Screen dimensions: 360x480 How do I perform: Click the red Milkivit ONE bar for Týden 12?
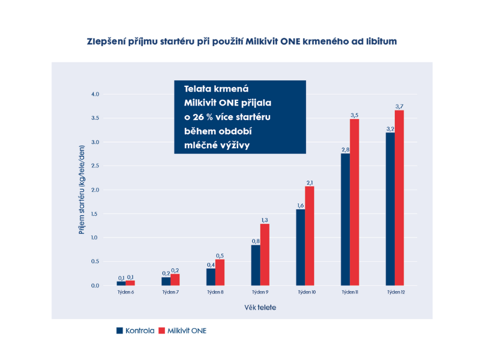(399, 198)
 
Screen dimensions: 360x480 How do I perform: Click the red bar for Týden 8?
(220, 272)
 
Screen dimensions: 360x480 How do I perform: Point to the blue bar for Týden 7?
(166, 281)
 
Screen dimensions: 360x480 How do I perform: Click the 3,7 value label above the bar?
(399, 106)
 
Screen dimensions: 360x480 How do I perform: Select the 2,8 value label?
(345, 149)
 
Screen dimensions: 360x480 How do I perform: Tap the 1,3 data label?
(265, 220)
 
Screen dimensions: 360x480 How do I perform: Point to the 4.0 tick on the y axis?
(95, 94)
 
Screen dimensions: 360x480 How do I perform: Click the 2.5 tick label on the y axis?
(95, 166)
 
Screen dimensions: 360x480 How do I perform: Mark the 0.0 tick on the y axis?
(95, 286)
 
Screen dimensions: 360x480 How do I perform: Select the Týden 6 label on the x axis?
(125, 292)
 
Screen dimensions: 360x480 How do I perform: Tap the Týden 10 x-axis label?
(305, 292)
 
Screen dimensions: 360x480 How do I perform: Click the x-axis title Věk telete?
(260, 308)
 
